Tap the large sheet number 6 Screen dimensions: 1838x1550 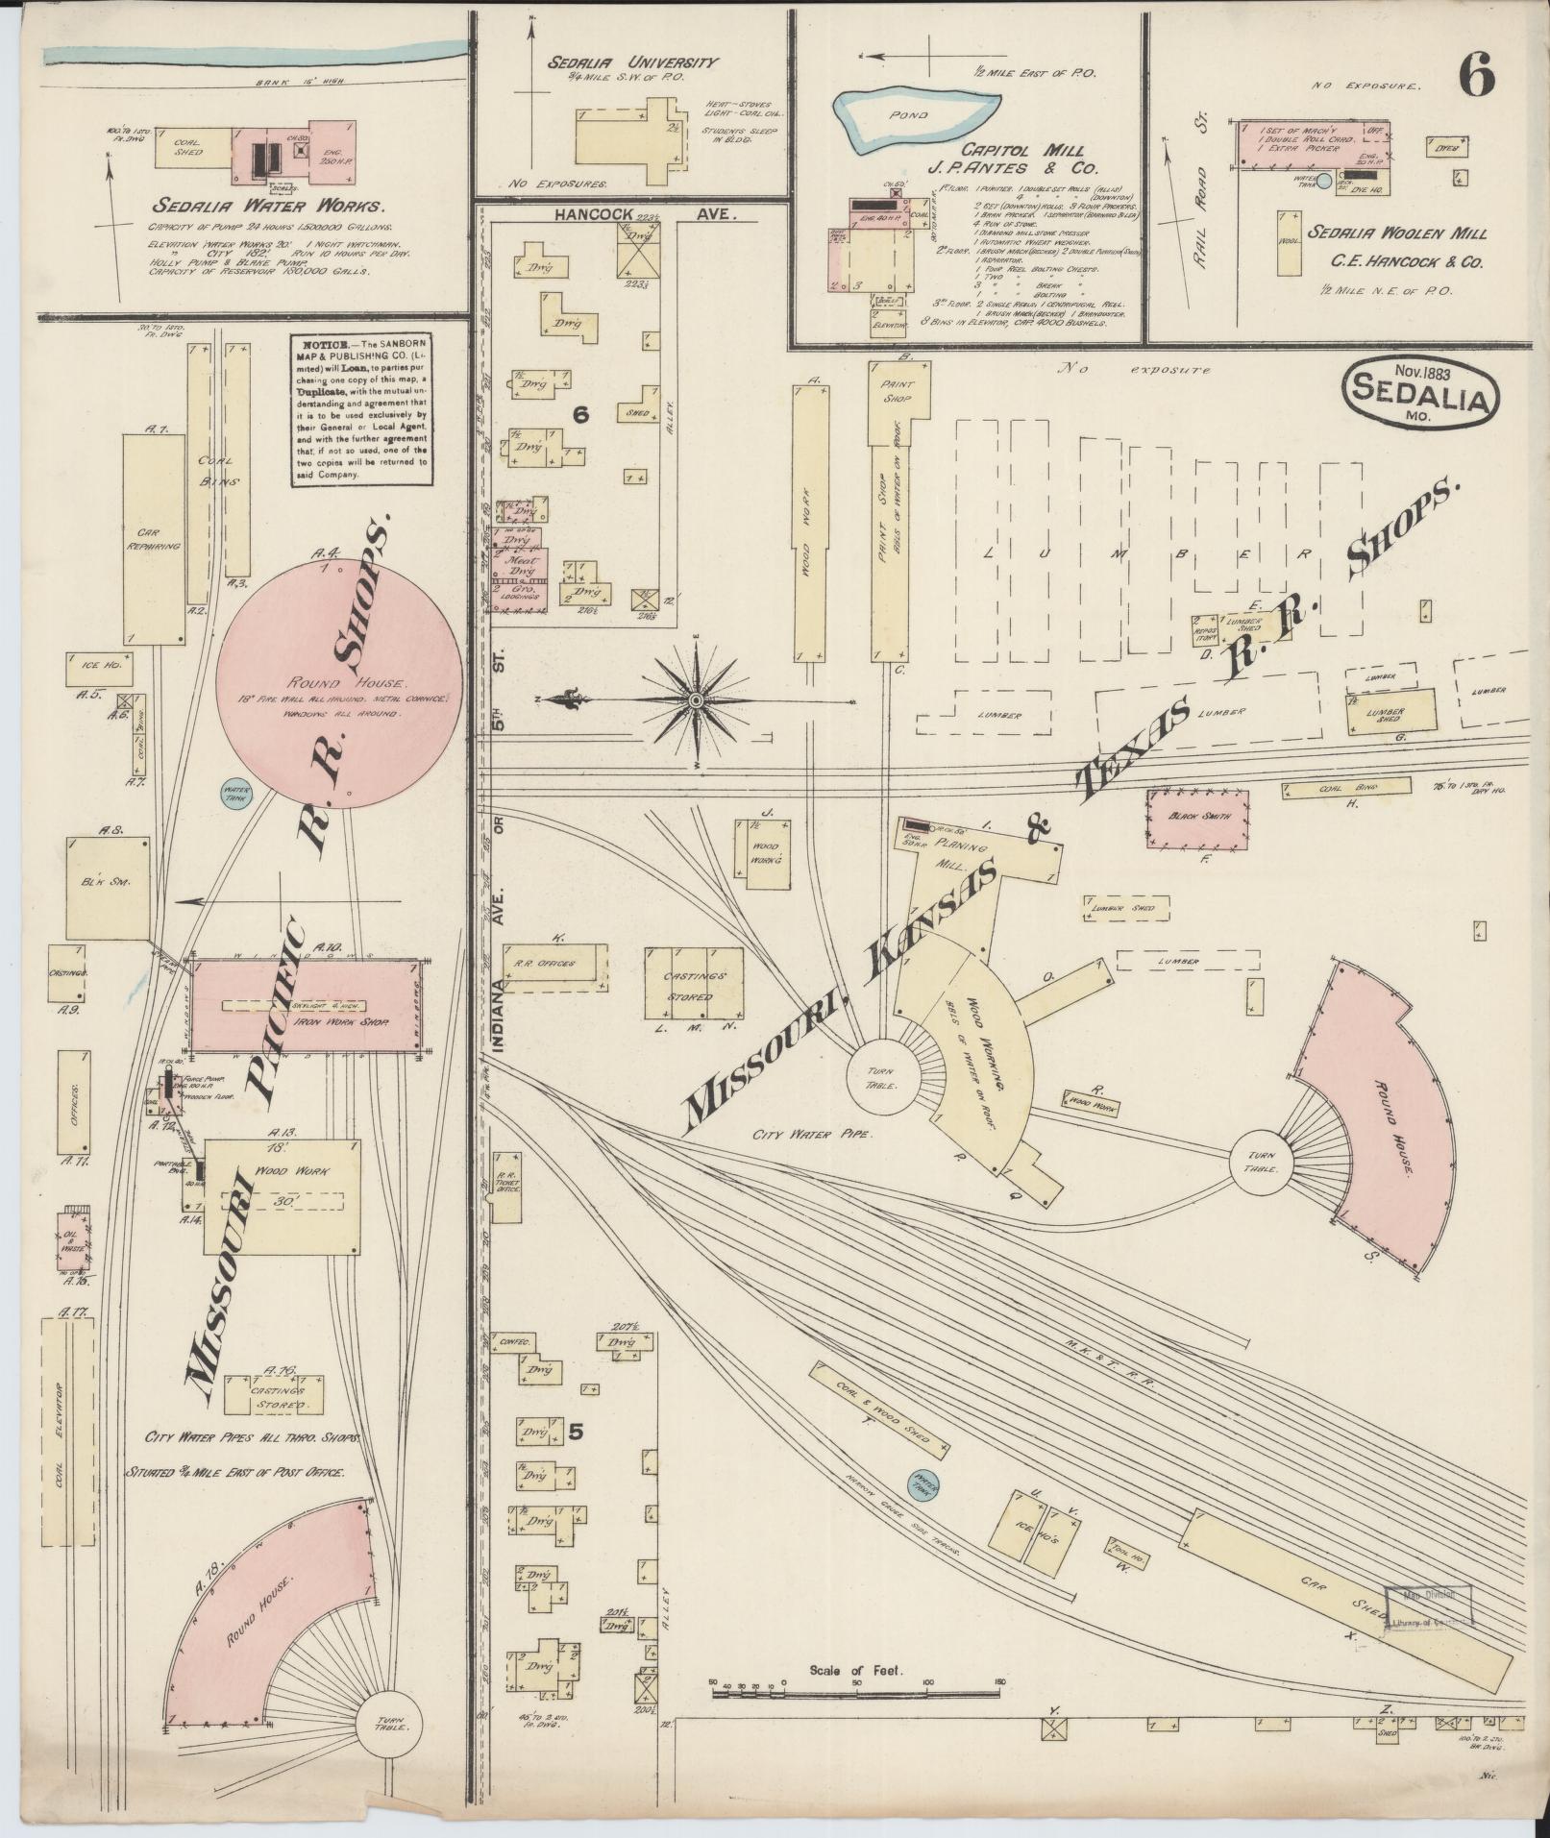click(x=1475, y=74)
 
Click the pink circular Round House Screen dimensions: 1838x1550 click(x=338, y=680)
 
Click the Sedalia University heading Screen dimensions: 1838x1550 click(x=632, y=62)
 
